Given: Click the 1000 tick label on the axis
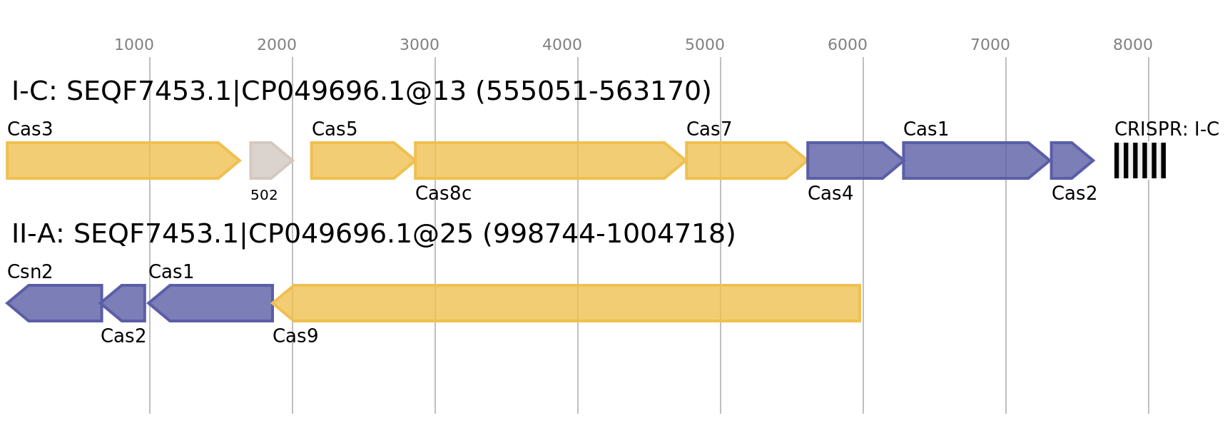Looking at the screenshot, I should click(134, 45).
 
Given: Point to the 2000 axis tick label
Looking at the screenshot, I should click(277, 45).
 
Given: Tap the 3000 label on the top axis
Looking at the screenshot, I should click(420, 45).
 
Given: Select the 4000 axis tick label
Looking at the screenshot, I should click(562, 45).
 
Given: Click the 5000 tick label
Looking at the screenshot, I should click(705, 45).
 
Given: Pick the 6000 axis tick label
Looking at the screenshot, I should click(848, 45).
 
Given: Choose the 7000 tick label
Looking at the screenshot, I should click(990, 45).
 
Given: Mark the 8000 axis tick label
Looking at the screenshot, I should click(1133, 45).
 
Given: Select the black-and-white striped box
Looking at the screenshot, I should click(1140, 160).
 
